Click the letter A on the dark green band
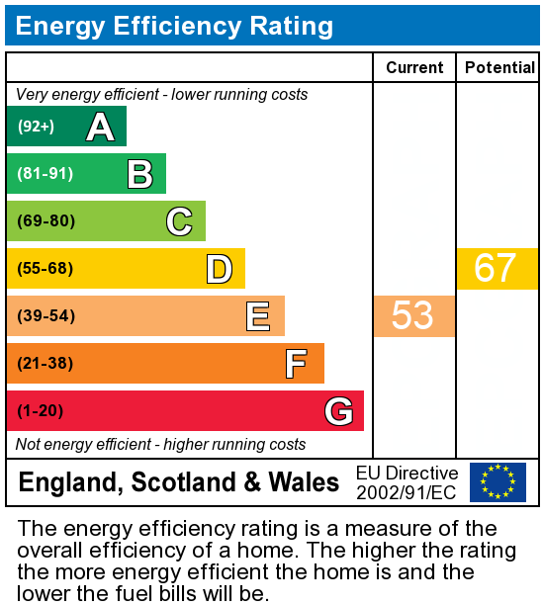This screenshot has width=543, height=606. pos(100,127)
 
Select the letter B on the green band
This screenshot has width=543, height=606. pos(139,174)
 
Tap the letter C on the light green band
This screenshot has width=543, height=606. pos(179,221)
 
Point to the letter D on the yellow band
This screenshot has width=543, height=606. pos(219,269)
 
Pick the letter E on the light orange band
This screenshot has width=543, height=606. pos(258,316)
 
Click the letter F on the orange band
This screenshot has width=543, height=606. pos(296,364)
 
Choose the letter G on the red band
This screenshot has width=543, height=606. pos(338,411)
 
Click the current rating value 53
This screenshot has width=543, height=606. pos(413,315)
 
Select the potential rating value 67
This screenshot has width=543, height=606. pos(496,269)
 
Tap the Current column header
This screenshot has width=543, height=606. pos(414,67)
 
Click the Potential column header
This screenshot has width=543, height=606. pos(499,67)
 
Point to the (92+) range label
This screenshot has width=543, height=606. pos(36,127)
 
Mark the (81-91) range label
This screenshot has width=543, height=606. pos(45,174)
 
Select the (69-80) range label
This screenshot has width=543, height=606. pos(45,221)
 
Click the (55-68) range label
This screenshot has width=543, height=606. pos(45,269)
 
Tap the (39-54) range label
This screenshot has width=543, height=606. pos(45,316)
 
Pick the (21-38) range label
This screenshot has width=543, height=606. pos(45,364)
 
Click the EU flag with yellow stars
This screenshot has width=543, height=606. pos(498,482)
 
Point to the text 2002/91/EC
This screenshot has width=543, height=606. pos(407,492)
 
